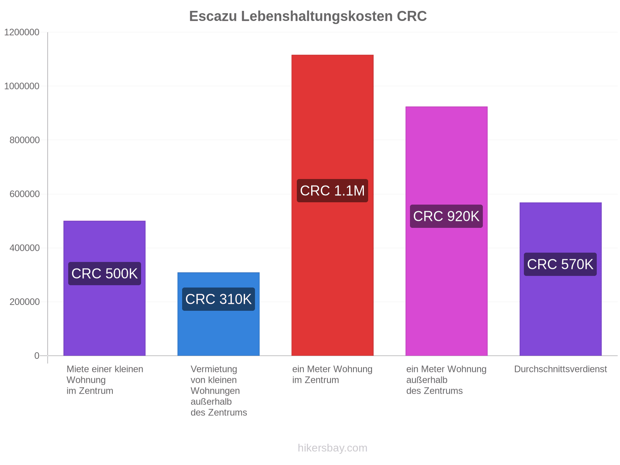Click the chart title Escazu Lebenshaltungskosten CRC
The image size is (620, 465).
coord(308,16)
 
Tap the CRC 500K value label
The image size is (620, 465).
coord(105,274)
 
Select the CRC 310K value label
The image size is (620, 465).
coord(219,299)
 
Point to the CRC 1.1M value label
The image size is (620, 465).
coord(332,191)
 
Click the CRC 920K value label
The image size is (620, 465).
coord(446,216)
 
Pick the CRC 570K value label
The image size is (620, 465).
coord(560,264)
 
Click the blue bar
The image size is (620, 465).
coord(219,314)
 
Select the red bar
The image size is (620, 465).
coord(332,205)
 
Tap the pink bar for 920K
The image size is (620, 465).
coord(446,231)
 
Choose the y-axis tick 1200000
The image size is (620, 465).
coord(22,32)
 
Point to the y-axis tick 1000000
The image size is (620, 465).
coord(22,86)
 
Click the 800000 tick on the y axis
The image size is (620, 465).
coord(24,140)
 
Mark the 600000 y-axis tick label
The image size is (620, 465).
coord(24,194)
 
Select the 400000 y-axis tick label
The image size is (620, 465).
coord(24,248)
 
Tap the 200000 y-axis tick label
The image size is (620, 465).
coord(24,302)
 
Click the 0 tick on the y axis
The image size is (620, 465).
coord(37,356)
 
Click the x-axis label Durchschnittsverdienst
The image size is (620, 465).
coord(560,369)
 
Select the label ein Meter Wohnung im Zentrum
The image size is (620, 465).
coord(332,374)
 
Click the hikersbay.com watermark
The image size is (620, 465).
coord(332,448)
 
